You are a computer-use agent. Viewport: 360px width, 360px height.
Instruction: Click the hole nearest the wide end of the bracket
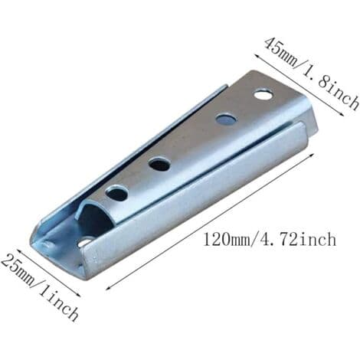[263, 95]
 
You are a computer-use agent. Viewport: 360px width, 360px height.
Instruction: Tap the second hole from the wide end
[226, 119]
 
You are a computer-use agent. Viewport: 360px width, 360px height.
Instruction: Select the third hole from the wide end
[160, 164]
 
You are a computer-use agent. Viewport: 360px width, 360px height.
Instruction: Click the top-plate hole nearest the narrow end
[117, 193]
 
